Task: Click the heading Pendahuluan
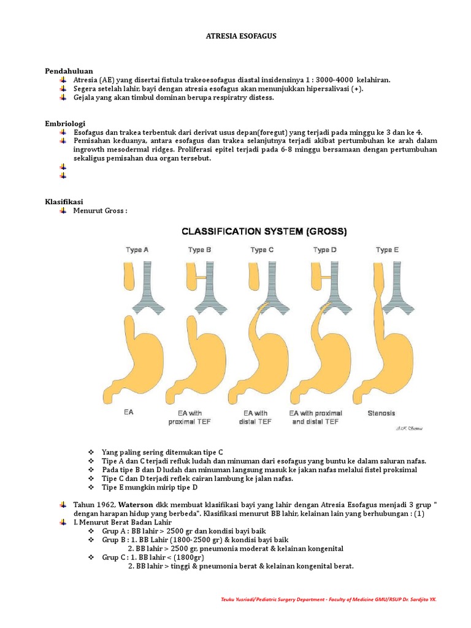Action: pyautogui.click(x=69, y=71)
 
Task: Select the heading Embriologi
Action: pyautogui.click(x=65, y=123)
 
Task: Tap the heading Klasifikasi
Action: pyautogui.click(x=64, y=202)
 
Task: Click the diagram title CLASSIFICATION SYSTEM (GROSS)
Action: pyautogui.click(x=264, y=232)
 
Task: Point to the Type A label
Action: pyautogui.click(x=137, y=250)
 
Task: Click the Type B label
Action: pyautogui.click(x=199, y=250)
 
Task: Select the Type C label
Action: pyautogui.click(x=262, y=250)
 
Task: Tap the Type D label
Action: pyautogui.click(x=325, y=250)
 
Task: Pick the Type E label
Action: pyautogui.click(x=387, y=250)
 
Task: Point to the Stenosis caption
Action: pyautogui.click(x=381, y=413)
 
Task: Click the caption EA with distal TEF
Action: pyautogui.click(x=256, y=418)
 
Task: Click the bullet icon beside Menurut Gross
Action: pyautogui.click(x=63, y=211)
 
